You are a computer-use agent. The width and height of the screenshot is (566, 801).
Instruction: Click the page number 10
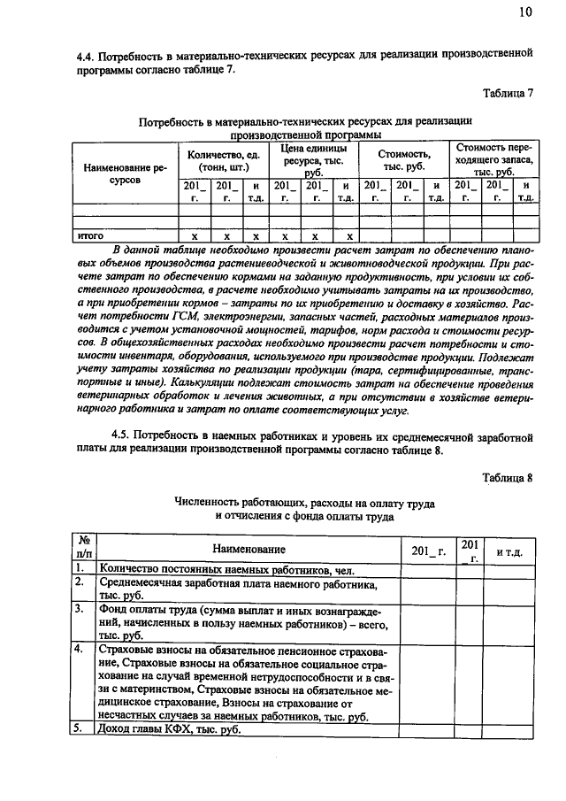[x=526, y=12]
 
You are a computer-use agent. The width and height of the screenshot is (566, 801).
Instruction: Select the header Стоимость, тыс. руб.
[x=403, y=160]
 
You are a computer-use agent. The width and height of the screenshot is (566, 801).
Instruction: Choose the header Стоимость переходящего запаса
[x=493, y=159]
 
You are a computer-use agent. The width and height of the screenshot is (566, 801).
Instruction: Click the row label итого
[x=91, y=236]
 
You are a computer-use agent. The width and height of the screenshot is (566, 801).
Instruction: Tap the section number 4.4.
[x=88, y=55]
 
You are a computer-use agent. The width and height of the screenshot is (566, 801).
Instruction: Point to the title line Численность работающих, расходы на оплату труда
[x=304, y=501]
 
